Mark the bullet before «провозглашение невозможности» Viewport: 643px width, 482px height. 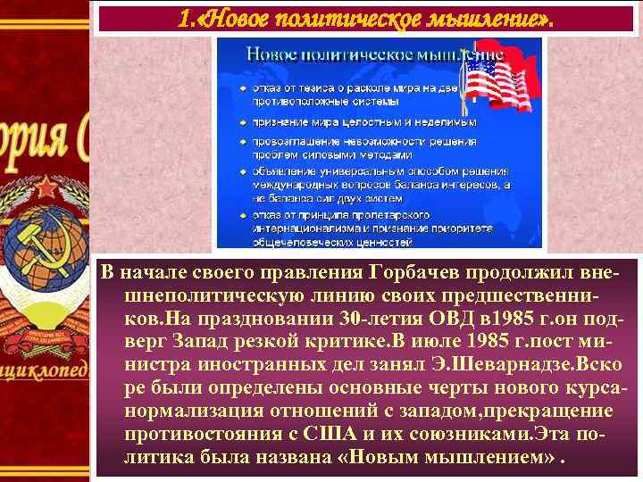(244, 141)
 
